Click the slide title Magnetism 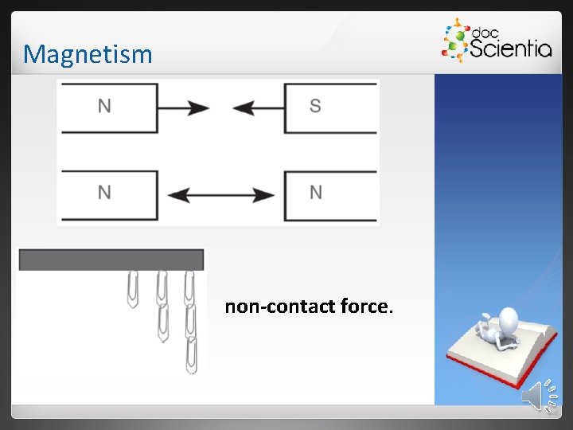coord(88,54)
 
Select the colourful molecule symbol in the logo coord(454,41)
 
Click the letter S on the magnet coord(315,106)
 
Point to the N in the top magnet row coord(104,106)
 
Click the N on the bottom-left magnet coord(104,192)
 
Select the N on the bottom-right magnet coord(315,192)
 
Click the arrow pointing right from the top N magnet coord(185,107)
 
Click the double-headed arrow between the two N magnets coord(222,194)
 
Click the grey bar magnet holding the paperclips coord(111,260)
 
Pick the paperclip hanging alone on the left coord(133,288)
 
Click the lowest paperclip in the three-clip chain coord(192,355)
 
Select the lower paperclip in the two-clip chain coord(163,322)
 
